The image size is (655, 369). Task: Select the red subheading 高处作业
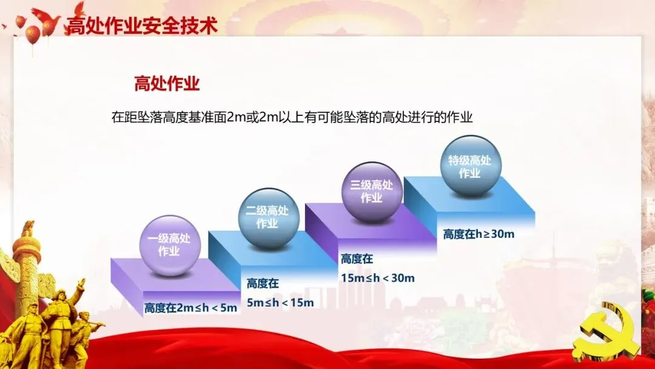click(167, 83)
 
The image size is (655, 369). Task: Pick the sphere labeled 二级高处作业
click(268, 218)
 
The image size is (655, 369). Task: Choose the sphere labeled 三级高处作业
click(371, 192)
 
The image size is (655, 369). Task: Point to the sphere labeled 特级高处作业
click(471, 166)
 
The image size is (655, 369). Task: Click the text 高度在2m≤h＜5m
click(190, 308)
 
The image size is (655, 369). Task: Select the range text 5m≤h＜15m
click(280, 303)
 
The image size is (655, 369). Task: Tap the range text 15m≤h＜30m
click(378, 278)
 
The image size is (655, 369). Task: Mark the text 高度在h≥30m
click(479, 234)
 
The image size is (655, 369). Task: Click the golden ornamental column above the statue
click(26, 259)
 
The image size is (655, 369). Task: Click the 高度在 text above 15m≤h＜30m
click(357, 259)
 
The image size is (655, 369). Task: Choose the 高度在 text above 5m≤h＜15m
click(263, 284)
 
